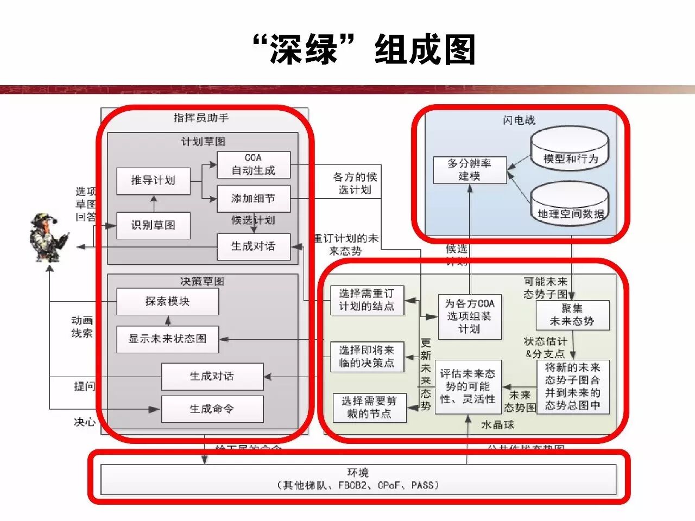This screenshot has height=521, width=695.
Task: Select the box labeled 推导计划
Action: pos(153,181)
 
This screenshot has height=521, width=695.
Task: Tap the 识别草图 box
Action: pos(153,225)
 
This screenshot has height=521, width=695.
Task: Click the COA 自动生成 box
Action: pos(253,164)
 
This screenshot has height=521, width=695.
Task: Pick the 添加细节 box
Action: pos(253,199)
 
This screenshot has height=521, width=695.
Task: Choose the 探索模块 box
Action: pos(167,302)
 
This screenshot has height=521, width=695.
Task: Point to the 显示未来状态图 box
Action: pos(167,339)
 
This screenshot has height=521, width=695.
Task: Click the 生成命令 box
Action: pos(212,409)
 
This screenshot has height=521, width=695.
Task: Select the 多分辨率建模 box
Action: pos(470,170)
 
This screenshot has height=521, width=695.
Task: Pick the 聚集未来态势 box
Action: pos(572,315)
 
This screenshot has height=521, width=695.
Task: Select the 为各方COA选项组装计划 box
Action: pos(470,316)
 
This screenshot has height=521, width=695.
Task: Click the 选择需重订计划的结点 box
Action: pos(367,300)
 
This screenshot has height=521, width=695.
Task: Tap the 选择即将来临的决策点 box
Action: pos(367,357)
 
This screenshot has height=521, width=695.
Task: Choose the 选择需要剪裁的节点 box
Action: pos(369,408)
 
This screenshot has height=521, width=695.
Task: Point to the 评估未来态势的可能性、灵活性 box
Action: pos(467,386)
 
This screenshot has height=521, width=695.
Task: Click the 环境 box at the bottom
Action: pos(358,479)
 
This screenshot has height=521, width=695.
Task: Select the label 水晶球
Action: pos(498,425)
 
